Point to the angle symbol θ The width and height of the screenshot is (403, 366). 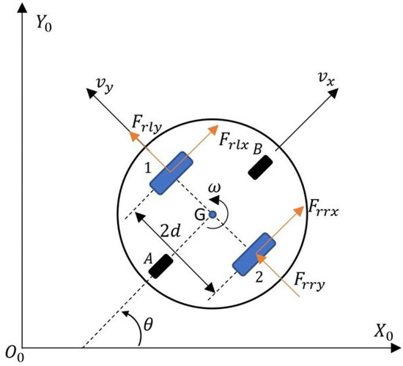pyautogui.click(x=149, y=320)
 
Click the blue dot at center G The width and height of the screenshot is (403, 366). pyautogui.click(x=212, y=214)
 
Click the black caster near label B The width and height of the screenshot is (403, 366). pyautogui.click(x=262, y=167)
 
